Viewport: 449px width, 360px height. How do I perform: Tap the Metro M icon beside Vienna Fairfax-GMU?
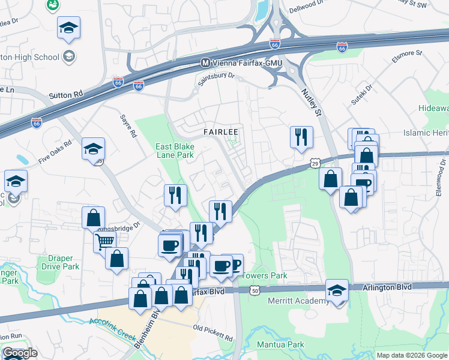tap(205, 62)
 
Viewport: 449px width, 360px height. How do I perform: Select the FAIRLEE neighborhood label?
tap(221, 131)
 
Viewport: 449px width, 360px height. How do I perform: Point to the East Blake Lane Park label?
tap(175, 151)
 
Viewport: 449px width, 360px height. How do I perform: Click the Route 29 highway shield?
tap(315, 163)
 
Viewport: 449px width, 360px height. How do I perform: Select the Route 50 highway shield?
tap(256, 290)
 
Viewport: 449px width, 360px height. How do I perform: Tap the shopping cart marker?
tap(104, 241)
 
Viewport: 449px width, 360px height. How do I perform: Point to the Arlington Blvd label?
tap(387, 287)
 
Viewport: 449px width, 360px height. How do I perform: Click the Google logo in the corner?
tap(20, 353)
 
